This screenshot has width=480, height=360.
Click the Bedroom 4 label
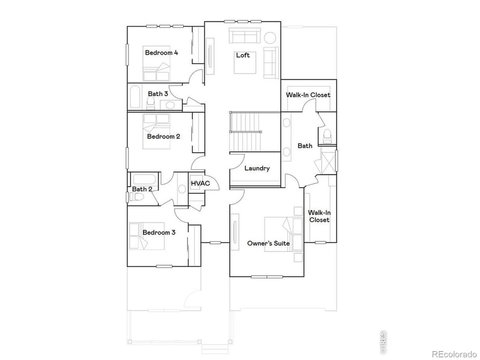click(161, 53)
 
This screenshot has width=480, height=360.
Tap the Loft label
click(242, 55)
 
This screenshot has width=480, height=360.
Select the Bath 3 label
click(158, 94)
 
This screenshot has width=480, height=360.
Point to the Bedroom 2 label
click(164, 136)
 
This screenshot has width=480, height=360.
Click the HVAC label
click(200, 183)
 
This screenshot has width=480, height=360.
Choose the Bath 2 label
click(142, 189)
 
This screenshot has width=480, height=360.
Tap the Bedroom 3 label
click(158, 232)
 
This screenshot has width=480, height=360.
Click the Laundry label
click(257, 169)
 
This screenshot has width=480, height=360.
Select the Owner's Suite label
click(269, 243)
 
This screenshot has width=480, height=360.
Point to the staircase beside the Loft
click(245, 132)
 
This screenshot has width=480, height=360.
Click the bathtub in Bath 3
click(135, 98)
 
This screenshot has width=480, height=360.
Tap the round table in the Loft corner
click(271, 38)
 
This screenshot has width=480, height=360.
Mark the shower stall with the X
click(328, 162)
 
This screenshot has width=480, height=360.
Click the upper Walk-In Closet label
click(308, 95)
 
